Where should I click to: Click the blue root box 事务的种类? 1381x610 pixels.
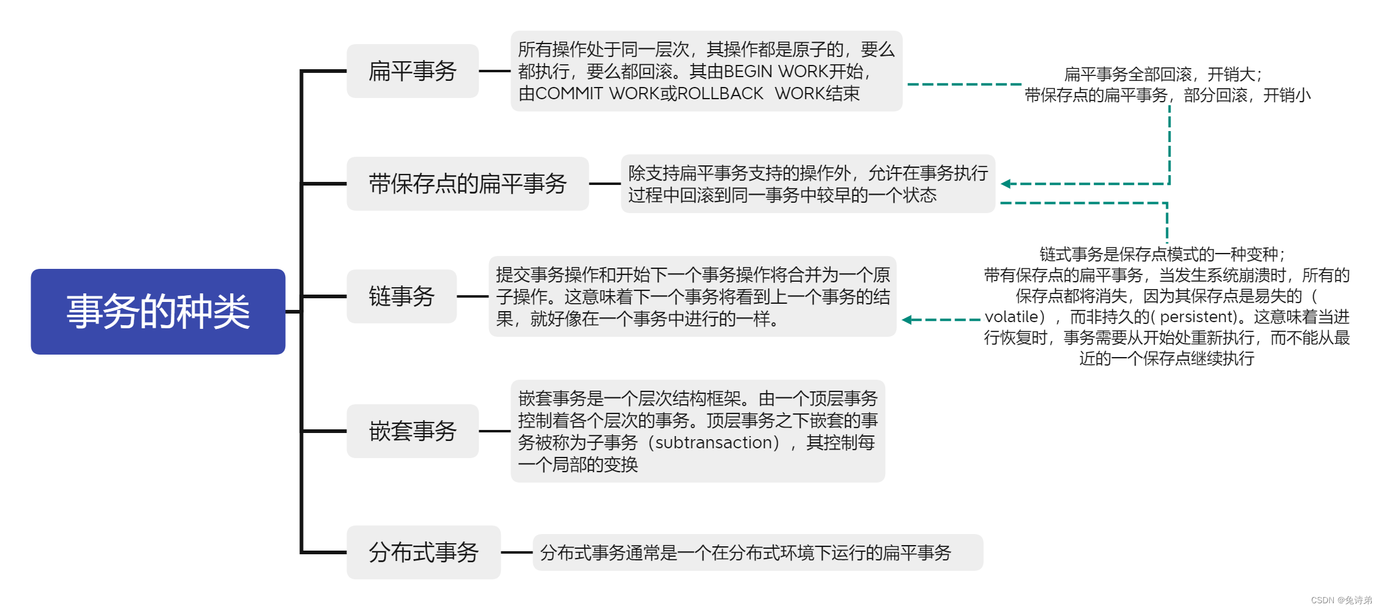(158, 311)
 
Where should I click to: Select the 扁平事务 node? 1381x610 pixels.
(412, 71)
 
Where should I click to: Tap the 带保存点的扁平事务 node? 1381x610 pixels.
(467, 184)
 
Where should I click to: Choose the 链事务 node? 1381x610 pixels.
(401, 296)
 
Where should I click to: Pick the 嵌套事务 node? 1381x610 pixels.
(412, 431)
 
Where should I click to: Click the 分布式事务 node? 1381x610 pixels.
(423, 552)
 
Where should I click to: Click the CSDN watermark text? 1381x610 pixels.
(1341, 600)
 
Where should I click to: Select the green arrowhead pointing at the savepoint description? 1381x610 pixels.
(1005, 184)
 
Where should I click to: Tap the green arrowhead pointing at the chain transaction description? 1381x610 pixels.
(907, 320)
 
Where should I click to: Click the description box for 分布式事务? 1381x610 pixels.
(757, 552)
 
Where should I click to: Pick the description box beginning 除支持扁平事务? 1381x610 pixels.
(807, 184)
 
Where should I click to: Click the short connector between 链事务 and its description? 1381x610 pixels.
(473, 296)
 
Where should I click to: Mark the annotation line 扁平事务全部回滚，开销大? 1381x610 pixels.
(1162, 74)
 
